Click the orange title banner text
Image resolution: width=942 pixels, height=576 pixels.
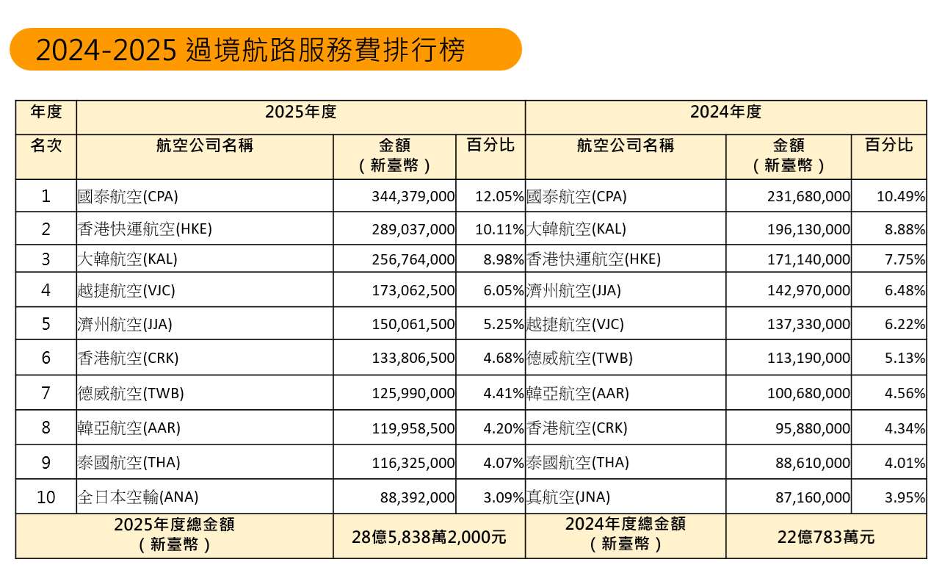pyautogui.click(x=250, y=50)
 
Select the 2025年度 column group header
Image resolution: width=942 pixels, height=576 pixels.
pyautogui.click(x=301, y=112)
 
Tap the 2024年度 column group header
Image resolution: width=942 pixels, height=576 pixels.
pyautogui.click(x=726, y=112)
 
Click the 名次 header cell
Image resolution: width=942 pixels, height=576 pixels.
pyautogui.click(x=46, y=145)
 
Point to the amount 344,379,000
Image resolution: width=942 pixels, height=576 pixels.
pyautogui.click(x=413, y=196)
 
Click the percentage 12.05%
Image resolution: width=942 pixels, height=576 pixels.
pyautogui.click(x=499, y=196)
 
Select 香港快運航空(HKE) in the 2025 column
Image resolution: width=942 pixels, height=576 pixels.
pyautogui.click(x=145, y=229)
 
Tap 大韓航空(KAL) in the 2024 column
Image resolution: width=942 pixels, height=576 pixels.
pyautogui.click(x=576, y=229)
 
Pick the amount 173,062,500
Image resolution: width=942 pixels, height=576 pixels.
pyautogui.click(x=413, y=290)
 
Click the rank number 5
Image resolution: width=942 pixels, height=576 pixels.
pyautogui.click(x=46, y=324)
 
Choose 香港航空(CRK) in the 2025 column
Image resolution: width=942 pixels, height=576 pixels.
pyautogui.click(x=128, y=358)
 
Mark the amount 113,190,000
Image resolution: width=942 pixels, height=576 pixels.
pyautogui.click(x=808, y=358)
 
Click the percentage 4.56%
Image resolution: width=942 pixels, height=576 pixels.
pyautogui.click(x=905, y=393)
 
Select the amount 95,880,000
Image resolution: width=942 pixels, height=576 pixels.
pyautogui.click(x=813, y=428)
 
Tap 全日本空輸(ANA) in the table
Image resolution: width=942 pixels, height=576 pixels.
pyautogui.click(x=138, y=497)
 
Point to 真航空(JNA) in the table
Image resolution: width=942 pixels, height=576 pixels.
pyautogui.click(x=568, y=497)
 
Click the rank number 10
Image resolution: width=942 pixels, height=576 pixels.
pyautogui.click(x=46, y=497)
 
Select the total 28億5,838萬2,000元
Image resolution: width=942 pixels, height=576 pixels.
pyautogui.click(x=429, y=537)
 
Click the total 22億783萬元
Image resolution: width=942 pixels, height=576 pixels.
pyautogui.click(x=826, y=537)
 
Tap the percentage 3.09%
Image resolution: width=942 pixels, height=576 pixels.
pyautogui.click(x=504, y=497)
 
